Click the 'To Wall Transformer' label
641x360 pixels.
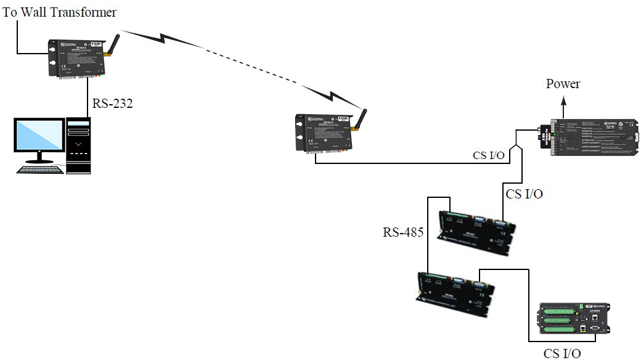60,12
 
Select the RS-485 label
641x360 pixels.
403,232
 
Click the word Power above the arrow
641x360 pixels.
563,84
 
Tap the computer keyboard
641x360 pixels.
41,170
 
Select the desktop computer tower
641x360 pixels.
78,145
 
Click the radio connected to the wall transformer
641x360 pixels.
77,59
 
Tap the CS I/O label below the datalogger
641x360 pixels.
561,353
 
